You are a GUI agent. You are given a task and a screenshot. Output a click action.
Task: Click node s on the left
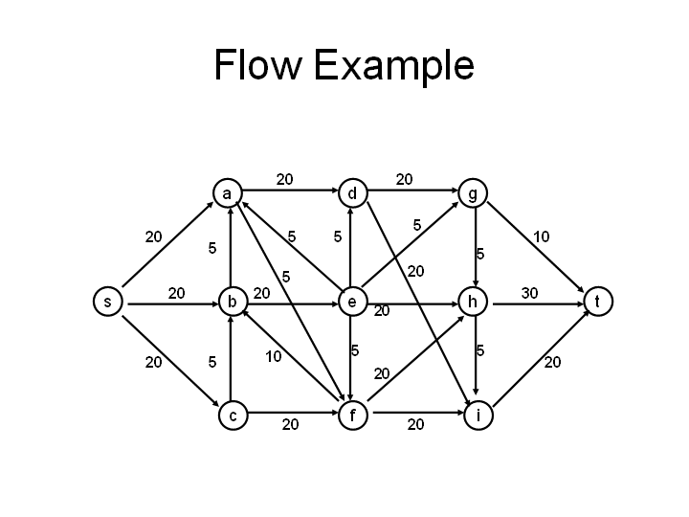107,303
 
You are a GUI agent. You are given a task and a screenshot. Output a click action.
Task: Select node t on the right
597,303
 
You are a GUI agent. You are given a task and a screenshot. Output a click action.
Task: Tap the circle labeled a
227,194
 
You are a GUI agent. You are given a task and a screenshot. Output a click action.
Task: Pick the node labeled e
352,303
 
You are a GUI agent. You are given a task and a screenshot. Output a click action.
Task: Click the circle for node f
352,416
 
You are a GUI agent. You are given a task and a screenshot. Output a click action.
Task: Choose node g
473,194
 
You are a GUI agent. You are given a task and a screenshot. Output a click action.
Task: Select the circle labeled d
352,194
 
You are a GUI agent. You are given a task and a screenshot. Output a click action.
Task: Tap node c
232,416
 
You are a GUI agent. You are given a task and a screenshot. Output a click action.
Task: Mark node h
473,303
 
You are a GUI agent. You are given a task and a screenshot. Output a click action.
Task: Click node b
232,303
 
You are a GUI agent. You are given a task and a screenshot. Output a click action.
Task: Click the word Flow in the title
255,66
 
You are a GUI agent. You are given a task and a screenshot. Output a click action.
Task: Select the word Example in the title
393,66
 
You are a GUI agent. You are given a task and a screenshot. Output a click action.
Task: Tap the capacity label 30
529,292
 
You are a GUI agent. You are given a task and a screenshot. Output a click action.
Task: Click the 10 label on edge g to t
542,236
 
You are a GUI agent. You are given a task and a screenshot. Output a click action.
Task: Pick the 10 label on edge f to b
274,357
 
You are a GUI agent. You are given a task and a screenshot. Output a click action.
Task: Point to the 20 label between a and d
285,178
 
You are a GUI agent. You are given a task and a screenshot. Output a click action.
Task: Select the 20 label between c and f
290,425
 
